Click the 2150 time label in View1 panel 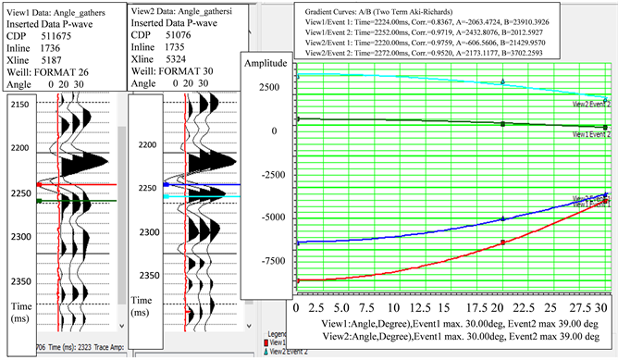click(x=18, y=107)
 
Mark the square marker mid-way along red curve click(x=502, y=242)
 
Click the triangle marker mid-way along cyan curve click(x=502, y=81)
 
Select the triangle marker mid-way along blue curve click(x=502, y=218)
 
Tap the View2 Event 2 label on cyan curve click(x=590, y=105)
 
